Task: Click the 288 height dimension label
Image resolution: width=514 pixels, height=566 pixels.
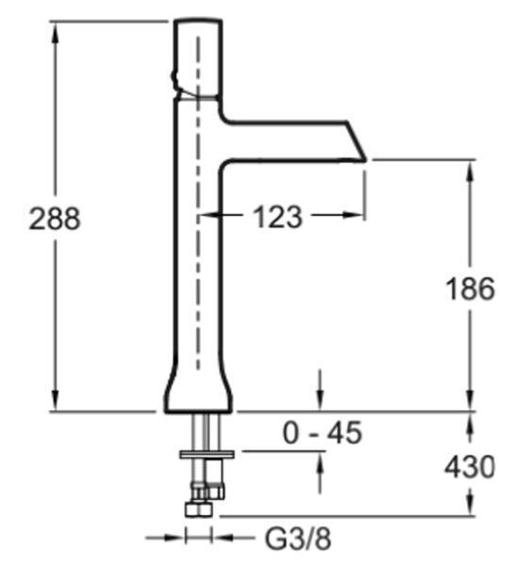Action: pyautogui.click(x=55, y=219)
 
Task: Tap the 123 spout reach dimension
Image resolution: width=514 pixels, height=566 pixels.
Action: pyautogui.click(x=277, y=217)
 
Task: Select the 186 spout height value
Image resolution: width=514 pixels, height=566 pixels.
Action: pyautogui.click(x=471, y=289)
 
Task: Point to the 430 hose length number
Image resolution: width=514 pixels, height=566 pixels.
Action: pyautogui.click(x=470, y=467)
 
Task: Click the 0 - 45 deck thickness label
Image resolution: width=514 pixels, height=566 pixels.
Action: pyautogui.click(x=323, y=433)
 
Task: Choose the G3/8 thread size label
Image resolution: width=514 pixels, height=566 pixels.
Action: pyautogui.click(x=298, y=540)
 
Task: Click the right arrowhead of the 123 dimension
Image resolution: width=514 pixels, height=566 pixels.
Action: pyautogui.click(x=353, y=215)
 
